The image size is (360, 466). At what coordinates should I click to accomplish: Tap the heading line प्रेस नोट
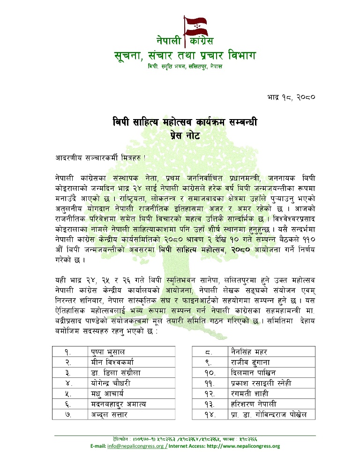pyautogui.click(x=185, y=136)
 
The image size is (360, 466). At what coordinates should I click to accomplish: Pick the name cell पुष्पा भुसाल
pyautogui.click(x=108, y=351)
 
